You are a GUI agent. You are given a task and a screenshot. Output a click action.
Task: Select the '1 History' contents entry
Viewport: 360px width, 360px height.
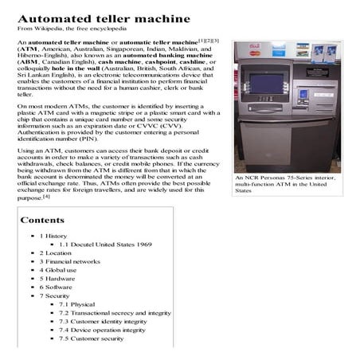[53, 237]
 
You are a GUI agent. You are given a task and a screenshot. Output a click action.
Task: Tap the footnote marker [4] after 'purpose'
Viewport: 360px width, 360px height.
[47, 196]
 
